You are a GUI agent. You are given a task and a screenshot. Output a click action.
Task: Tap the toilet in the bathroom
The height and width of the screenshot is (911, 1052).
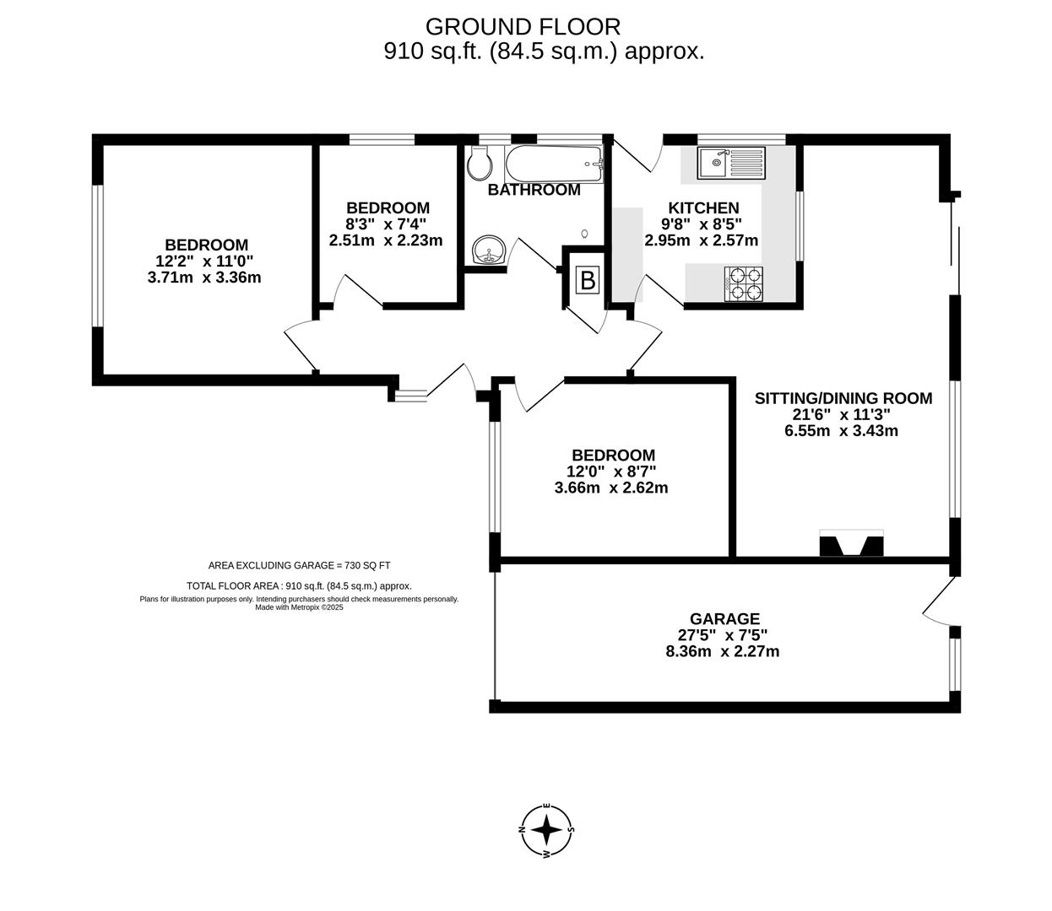[479, 164]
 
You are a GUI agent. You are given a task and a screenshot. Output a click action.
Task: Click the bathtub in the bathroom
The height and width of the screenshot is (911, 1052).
[554, 164]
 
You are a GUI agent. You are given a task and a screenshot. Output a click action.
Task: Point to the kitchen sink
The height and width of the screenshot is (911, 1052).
[730, 161]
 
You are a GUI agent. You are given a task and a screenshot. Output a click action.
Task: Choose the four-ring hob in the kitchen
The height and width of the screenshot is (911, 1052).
[744, 283]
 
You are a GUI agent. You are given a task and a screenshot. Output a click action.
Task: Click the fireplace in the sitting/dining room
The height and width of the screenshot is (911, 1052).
[851, 544]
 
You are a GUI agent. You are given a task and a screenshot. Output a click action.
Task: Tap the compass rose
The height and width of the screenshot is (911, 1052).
[547, 830]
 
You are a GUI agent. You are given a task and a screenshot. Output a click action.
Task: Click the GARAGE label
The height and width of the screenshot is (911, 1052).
[724, 619]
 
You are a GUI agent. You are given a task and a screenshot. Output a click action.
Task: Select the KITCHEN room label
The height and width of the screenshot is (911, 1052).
[703, 208]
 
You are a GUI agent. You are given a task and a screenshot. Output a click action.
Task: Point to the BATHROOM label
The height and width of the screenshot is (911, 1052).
[534, 190]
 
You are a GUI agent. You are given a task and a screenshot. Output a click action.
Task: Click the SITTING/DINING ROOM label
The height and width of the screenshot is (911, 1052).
[843, 398]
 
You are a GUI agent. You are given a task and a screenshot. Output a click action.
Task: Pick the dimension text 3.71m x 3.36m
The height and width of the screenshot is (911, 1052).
[203, 277]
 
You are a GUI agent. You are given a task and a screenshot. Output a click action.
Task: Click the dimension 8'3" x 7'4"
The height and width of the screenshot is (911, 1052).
[387, 224]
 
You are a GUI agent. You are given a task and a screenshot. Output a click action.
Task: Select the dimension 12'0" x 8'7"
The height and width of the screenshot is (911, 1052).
[611, 472]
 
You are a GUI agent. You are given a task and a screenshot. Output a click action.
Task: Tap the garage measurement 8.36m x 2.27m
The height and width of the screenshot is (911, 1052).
[722, 651]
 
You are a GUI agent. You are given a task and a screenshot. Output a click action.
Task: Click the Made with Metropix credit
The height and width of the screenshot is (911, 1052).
[299, 606]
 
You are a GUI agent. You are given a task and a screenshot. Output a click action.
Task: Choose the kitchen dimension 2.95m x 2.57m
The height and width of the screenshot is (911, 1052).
[701, 240]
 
